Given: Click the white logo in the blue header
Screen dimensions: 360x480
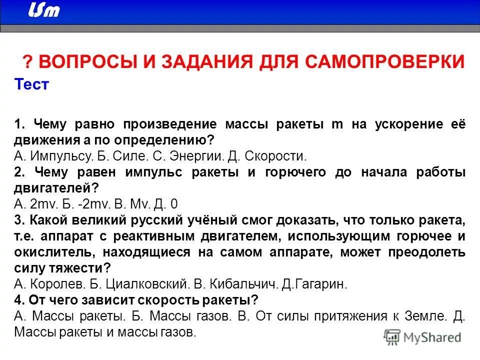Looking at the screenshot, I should (43, 10).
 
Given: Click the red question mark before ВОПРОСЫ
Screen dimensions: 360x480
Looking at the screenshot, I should (27, 62).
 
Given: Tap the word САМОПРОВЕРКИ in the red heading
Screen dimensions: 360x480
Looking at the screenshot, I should (386, 62).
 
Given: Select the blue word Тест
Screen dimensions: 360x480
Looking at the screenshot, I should (31, 84).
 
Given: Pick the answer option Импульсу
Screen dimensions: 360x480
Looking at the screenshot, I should (59, 155).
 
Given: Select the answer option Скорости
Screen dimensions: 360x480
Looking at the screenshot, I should (275, 155).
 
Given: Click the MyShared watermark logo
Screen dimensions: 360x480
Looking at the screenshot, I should (423, 337).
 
